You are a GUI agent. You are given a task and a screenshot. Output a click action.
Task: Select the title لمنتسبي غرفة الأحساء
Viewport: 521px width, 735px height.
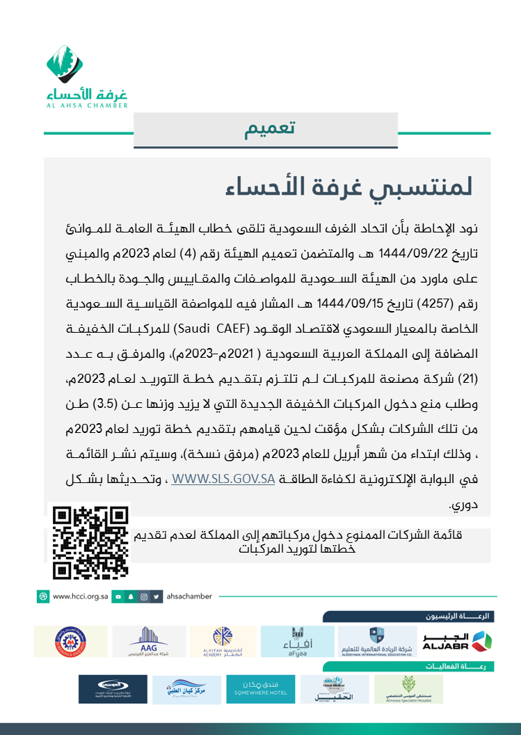348,187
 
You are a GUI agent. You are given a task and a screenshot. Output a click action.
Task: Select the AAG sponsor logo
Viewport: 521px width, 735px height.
149,641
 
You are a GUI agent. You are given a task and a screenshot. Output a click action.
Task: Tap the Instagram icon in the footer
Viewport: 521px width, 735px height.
144,596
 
